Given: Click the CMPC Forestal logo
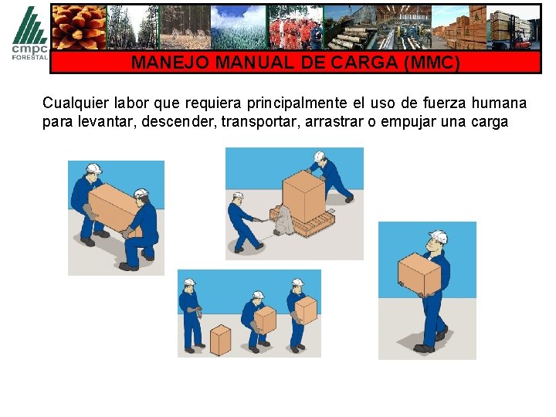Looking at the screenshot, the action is coord(30,33).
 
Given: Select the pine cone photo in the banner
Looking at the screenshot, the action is coord(79,27).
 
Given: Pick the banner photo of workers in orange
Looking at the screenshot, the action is coord(295,27).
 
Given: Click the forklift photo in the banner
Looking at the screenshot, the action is coord(513,27).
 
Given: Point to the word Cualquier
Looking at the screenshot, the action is coord(76,103).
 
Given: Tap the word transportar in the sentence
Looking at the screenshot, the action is coord(258,122).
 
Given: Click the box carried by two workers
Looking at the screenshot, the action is coord(114,210).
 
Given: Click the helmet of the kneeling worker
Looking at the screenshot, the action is coord(141,193).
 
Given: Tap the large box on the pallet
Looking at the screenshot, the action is coord(303,197).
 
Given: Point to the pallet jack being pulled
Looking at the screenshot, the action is coord(280,222).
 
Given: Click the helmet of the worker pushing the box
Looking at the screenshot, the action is coord(319,156).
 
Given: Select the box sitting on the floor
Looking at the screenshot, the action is coord(220,340).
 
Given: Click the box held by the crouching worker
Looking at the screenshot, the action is coord(265,320).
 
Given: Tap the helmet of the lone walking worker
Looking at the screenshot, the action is coord(439,236).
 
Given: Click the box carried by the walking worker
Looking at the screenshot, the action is coord(419,274).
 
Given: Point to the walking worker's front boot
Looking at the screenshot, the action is coord(423,348).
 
